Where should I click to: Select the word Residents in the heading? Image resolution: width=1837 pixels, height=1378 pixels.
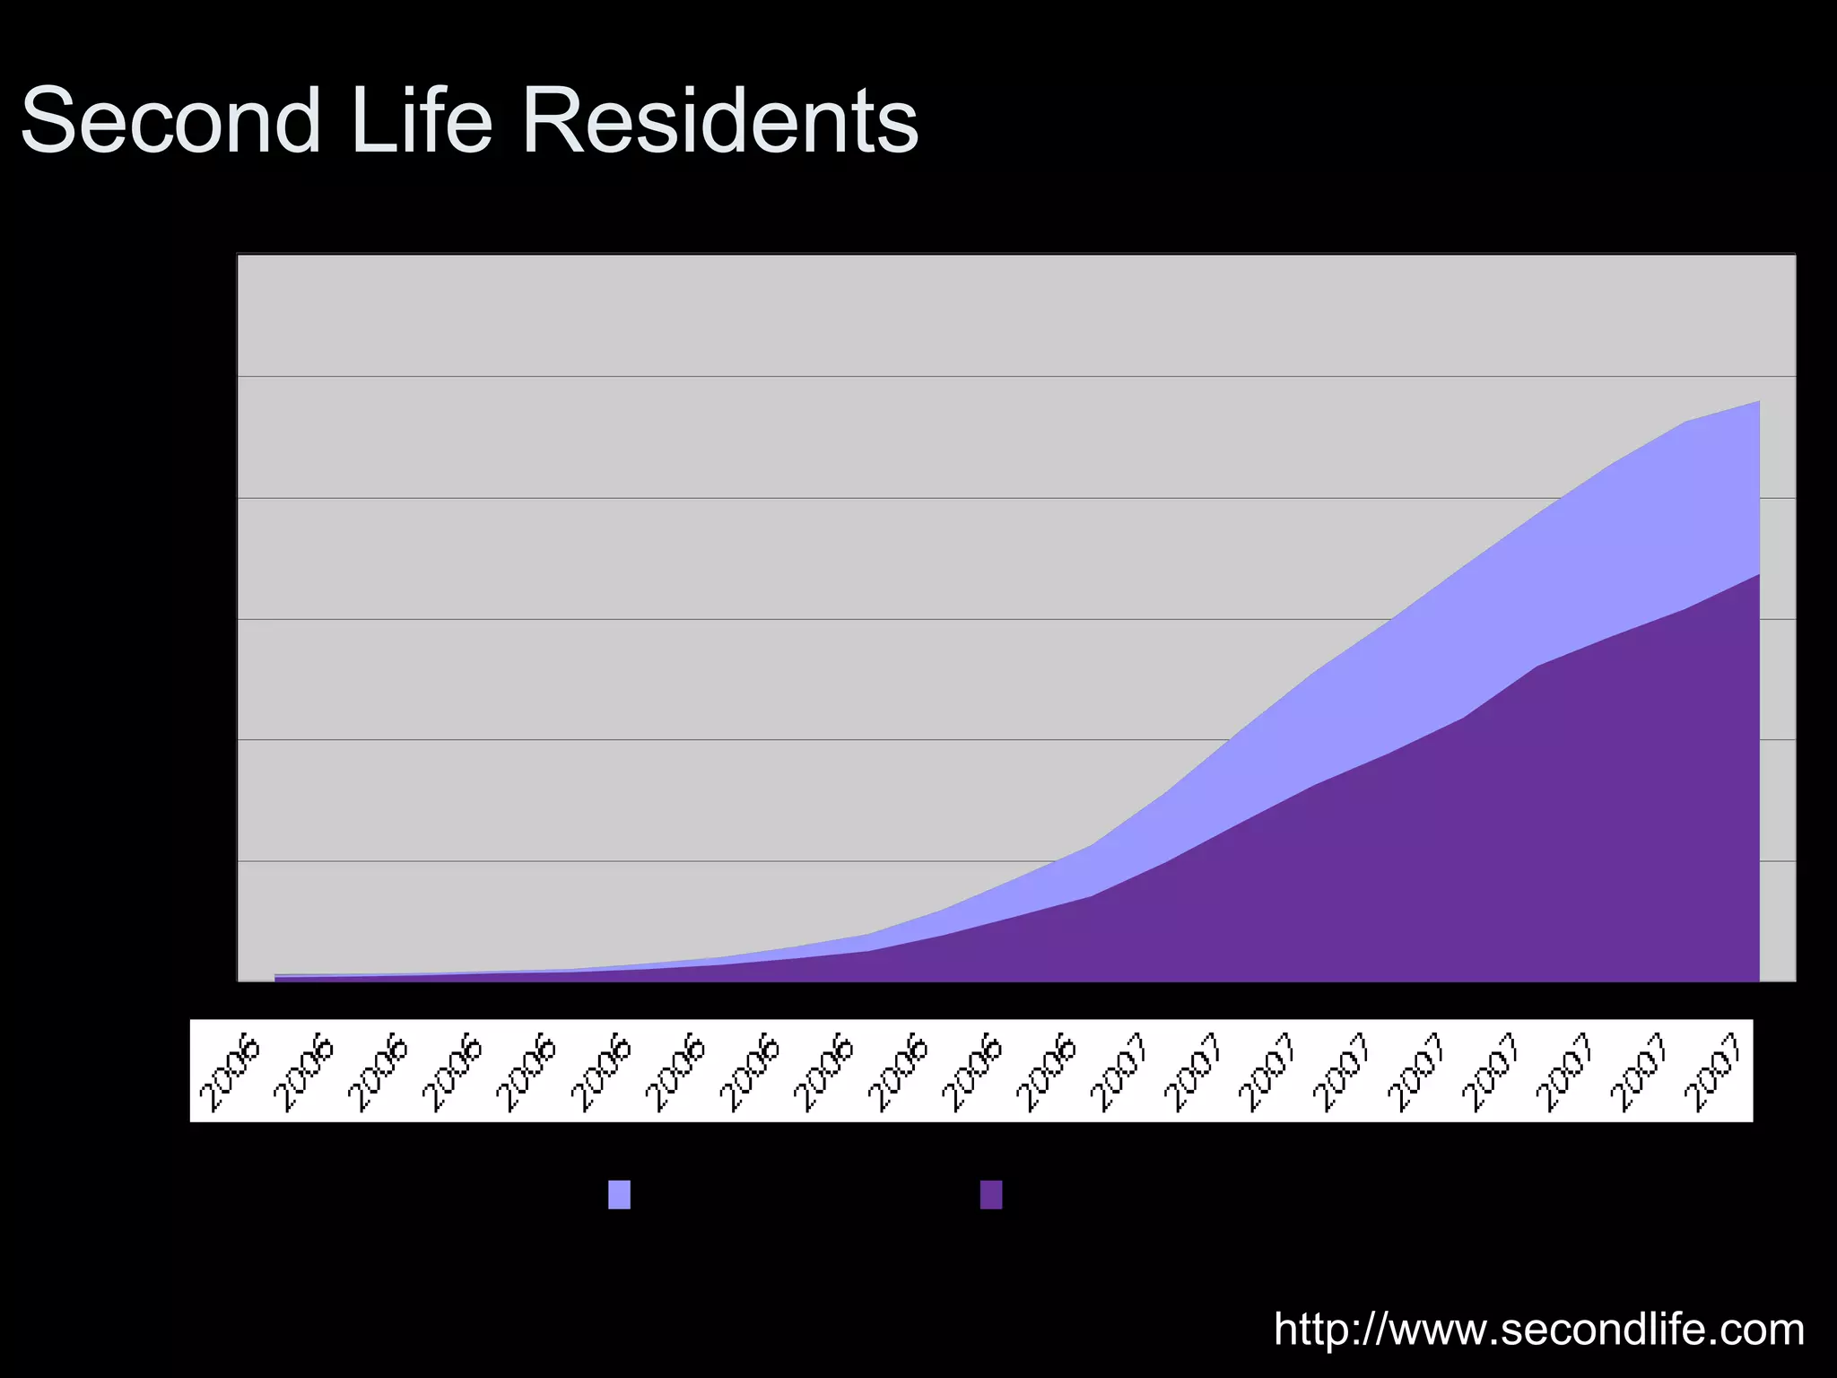[x=719, y=121]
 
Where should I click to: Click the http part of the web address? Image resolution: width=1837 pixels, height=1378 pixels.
[x=1317, y=1330]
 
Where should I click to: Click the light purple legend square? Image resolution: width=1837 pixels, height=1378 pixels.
[x=619, y=1195]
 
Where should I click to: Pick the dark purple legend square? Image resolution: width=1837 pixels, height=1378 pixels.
[x=991, y=1195]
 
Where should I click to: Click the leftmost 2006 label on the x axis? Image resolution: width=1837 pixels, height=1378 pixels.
[x=229, y=1075]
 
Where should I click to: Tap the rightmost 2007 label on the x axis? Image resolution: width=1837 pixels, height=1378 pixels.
[x=1713, y=1075]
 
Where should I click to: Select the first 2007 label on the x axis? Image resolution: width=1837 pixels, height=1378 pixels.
[x=1119, y=1075]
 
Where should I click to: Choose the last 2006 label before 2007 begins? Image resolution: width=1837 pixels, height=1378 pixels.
[x=1045, y=1075]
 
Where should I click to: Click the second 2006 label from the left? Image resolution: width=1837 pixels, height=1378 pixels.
[x=303, y=1075]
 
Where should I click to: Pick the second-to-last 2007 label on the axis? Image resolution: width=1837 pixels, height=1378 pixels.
[x=1639, y=1075]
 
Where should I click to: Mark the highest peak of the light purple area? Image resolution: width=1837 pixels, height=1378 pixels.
[x=1758, y=402]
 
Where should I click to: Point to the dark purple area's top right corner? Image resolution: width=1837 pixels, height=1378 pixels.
[x=1758, y=575]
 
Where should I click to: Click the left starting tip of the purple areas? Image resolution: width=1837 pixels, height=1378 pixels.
[x=276, y=977]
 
